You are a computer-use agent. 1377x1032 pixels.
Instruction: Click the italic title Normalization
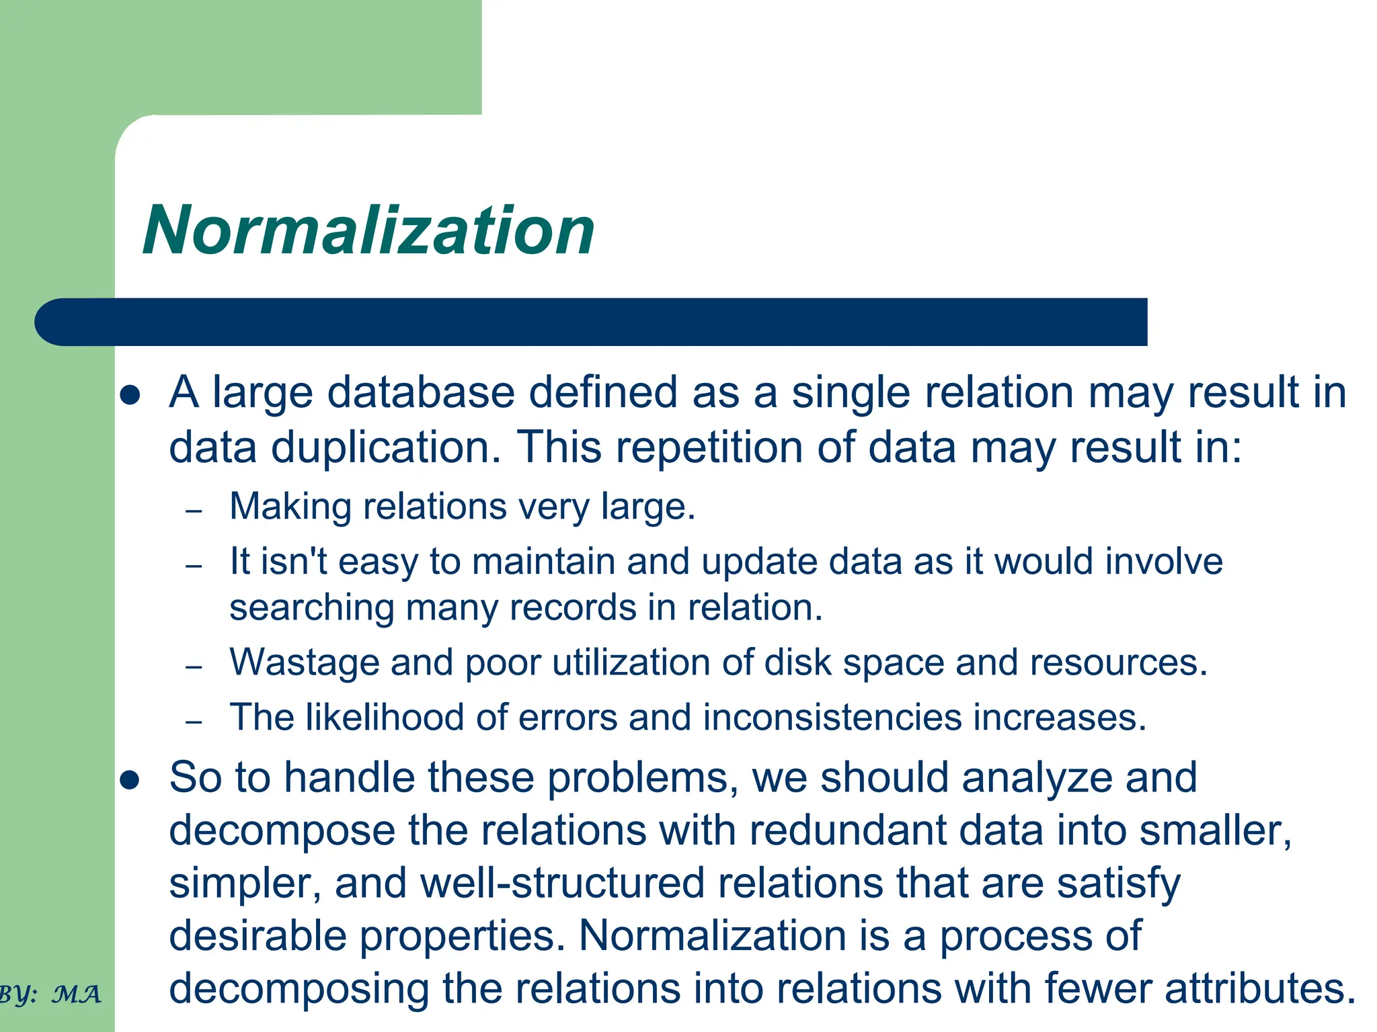368,230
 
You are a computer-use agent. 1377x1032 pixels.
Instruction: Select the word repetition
709,447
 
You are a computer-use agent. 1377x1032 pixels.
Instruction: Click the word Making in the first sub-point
290,507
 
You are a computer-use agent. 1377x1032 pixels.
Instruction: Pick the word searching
311,609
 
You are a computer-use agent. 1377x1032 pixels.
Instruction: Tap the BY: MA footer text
50,994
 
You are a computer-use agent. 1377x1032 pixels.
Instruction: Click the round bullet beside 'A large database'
129,395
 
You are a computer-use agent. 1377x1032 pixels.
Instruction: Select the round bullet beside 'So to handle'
129,780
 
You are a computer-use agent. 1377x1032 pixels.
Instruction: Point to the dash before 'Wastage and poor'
194,667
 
